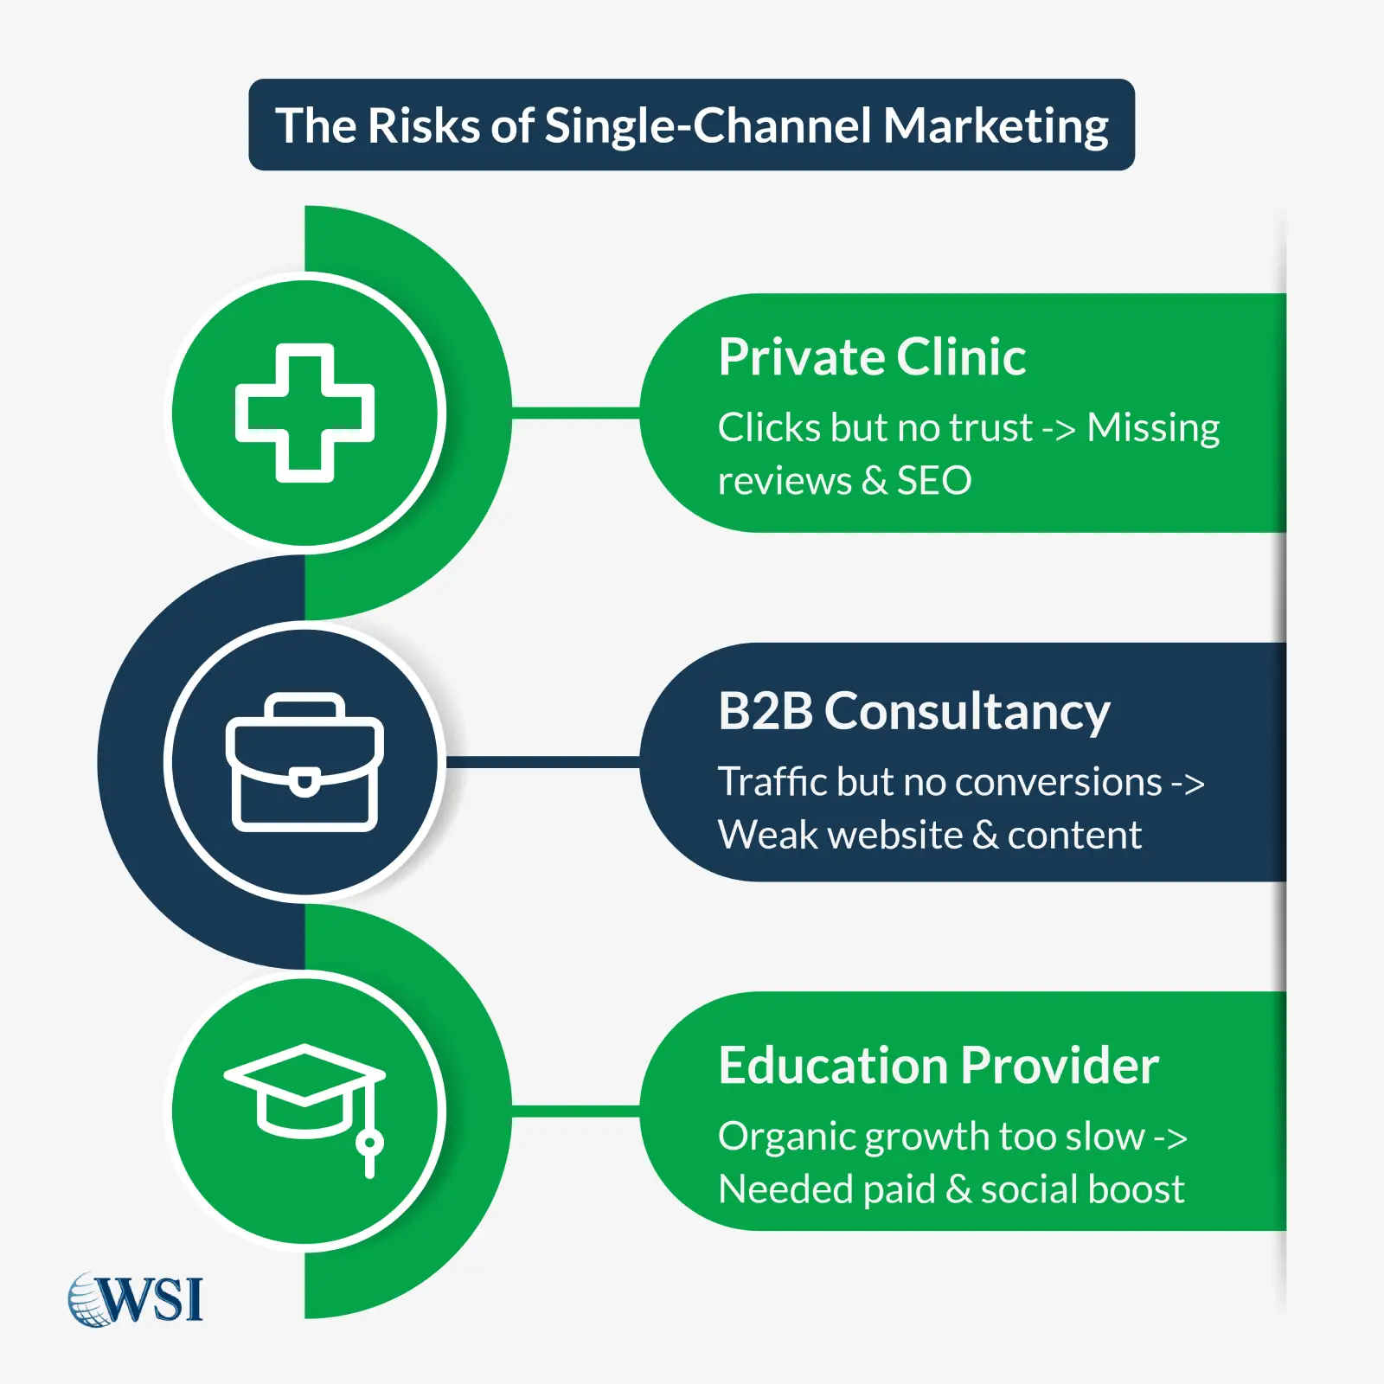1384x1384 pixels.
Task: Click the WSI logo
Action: pos(137,1298)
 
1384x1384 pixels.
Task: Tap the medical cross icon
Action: pos(304,413)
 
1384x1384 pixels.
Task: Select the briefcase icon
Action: pos(304,762)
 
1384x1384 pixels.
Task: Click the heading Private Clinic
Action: pos(871,356)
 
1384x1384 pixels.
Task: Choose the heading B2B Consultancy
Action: pos(913,711)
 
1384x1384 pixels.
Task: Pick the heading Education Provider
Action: pos(938,1065)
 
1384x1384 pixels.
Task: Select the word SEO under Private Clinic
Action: pos(933,480)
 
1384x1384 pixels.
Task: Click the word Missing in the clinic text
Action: pos(1152,427)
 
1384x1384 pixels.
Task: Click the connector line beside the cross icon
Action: pos(575,413)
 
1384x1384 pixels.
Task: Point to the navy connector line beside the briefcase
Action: pos(542,762)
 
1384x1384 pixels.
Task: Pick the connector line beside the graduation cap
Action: pos(575,1111)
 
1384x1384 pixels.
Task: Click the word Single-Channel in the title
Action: pos(708,126)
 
